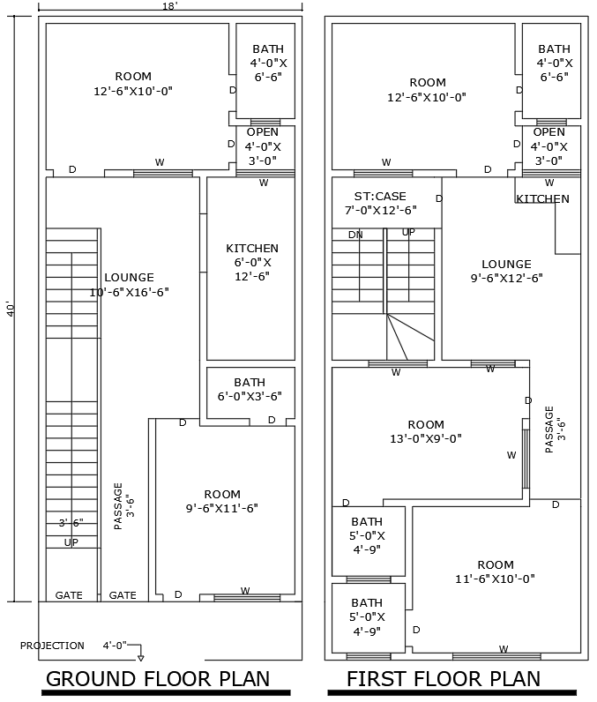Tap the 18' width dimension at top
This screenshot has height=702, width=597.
pyautogui.click(x=169, y=6)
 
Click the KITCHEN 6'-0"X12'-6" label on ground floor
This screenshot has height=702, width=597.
pyautogui.click(x=252, y=262)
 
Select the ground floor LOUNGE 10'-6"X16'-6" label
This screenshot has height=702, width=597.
pyautogui.click(x=129, y=284)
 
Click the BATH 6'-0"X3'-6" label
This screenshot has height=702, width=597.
pyautogui.click(x=250, y=390)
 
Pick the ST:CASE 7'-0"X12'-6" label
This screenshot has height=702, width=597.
pyautogui.click(x=380, y=203)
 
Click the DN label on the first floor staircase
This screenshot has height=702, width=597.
pyautogui.click(x=355, y=235)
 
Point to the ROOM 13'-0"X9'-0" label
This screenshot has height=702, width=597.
pyautogui.click(x=426, y=431)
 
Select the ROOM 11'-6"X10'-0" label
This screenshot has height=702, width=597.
pyautogui.click(x=495, y=571)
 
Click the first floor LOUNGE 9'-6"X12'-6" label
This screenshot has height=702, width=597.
pyautogui.click(x=506, y=271)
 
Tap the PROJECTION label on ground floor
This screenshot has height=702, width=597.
pyautogui.click(x=53, y=646)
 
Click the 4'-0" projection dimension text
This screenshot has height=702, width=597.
pyautogui.click(x=115, y=646)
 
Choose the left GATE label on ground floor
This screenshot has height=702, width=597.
pyautogui.click(x=69, y=595)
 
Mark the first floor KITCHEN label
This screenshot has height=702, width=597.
pyautogui.click(x=542, y=199)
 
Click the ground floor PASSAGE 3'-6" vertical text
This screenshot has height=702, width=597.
pyautogui.click(x=123, y=505)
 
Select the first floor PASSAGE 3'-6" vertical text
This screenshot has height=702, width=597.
pyautogui.click(x=553, y=429)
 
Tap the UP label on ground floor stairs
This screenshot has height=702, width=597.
pyautogui.click(x=71, y=542)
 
